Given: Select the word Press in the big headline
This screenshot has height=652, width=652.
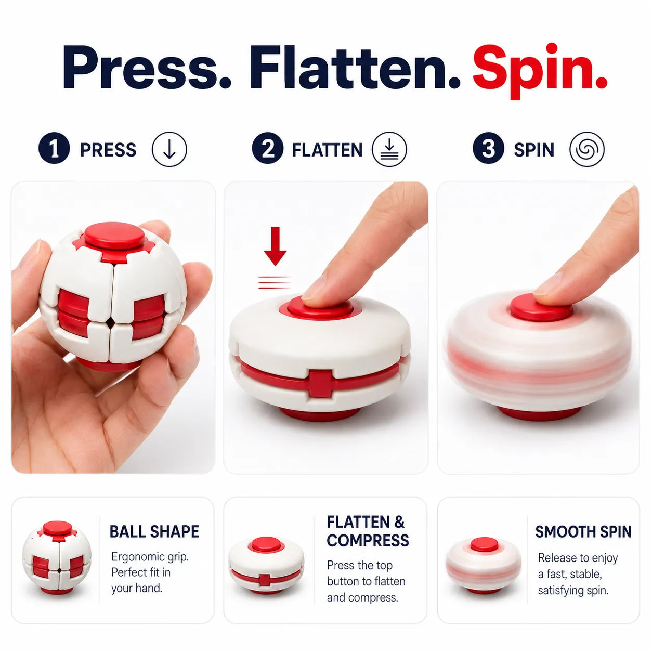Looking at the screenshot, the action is click(147, 67).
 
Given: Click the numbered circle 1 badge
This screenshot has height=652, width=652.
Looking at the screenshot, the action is click(54, 148).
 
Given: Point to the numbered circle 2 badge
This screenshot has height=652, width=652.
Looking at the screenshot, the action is click(268, 148).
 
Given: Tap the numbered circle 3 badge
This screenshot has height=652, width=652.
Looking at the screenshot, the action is click(488, 148).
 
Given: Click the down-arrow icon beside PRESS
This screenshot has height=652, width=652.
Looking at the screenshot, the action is click(169, 149).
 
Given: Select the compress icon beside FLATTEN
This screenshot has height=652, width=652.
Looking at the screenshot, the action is click(389, 149).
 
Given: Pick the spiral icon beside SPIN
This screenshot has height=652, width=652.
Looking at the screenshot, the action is click(586, 149).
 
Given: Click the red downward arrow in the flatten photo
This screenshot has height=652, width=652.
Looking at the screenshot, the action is click(275, 246).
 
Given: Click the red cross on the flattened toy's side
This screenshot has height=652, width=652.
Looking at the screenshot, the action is click(321, 383).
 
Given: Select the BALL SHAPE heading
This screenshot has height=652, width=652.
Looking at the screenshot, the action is click(154, 531).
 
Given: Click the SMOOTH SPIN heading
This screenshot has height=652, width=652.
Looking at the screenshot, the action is click(583, 531).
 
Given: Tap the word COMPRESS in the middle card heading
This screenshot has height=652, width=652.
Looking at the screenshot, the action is click(368, 540).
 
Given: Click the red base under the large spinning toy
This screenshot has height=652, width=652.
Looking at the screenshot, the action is click(539, 413).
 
